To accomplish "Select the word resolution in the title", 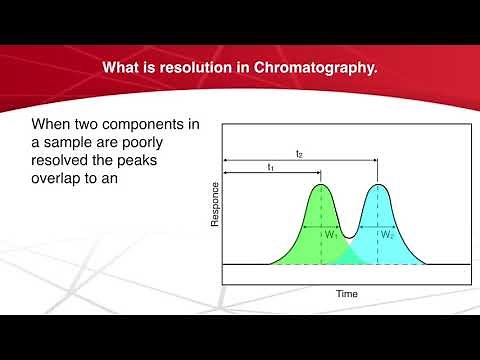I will click(x=214, y=68).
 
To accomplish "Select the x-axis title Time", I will click(x=346, y=295).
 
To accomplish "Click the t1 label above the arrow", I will click(x=270, y=167).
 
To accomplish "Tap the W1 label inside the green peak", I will click(x=331, y=234).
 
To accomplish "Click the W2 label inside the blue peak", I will click(x=386, y=234).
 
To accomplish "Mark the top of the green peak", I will click(x=320, y=185).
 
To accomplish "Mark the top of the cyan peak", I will click(x=377, y=185).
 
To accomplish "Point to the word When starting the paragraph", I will click(x=56, y=126).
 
